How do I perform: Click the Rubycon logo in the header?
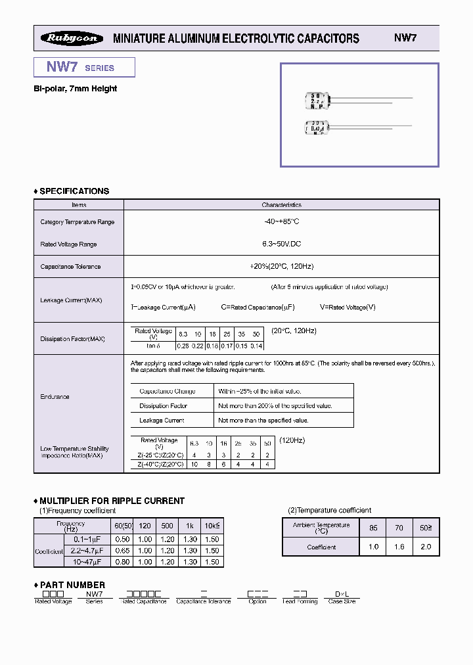coord(72,38)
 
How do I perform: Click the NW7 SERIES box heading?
coord(80,67)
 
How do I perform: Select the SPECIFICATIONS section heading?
coord(74,191)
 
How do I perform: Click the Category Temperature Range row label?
coord(78,222)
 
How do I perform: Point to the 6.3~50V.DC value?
coord(281,244)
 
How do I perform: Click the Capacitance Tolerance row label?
coord(70,267)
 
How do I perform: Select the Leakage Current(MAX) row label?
coord(71,300)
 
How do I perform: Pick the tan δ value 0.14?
coord(256,346)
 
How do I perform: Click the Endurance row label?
coord(55,397)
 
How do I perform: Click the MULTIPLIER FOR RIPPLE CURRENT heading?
coord(112,501)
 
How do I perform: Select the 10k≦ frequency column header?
coord(211,526)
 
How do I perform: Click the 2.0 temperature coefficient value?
coord(426,547)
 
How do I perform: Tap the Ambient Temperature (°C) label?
coord(321,528)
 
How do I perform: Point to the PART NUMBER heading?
coord(72,585)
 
